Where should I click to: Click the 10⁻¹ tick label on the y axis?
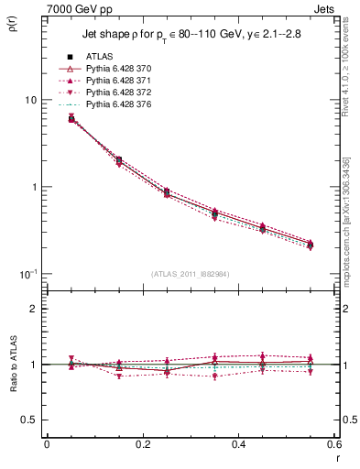click(x=27, y=274)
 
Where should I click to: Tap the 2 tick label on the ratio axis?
click(x=34, y=309)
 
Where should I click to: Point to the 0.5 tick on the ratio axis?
click(x=30, y=420)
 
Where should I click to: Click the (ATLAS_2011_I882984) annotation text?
click(x=191, y=274)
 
